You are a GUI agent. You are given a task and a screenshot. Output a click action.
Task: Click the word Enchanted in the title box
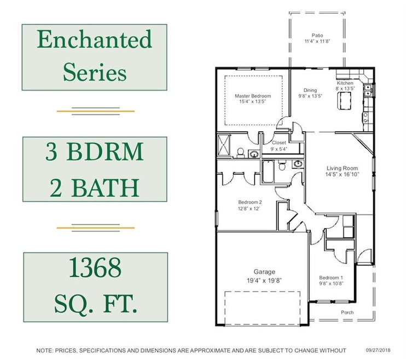coord(94,40)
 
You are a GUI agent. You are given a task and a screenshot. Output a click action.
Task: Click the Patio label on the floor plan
coord(317,34)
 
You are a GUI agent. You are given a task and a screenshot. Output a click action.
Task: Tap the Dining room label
coord(310,90)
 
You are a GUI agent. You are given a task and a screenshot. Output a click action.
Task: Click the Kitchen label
coord(345,83)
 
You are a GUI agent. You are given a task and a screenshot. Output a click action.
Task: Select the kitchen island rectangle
coord(345,101)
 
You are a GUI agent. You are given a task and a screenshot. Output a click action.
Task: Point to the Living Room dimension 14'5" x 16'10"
coord(342,175)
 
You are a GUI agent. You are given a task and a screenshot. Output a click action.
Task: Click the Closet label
coord(279,142)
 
